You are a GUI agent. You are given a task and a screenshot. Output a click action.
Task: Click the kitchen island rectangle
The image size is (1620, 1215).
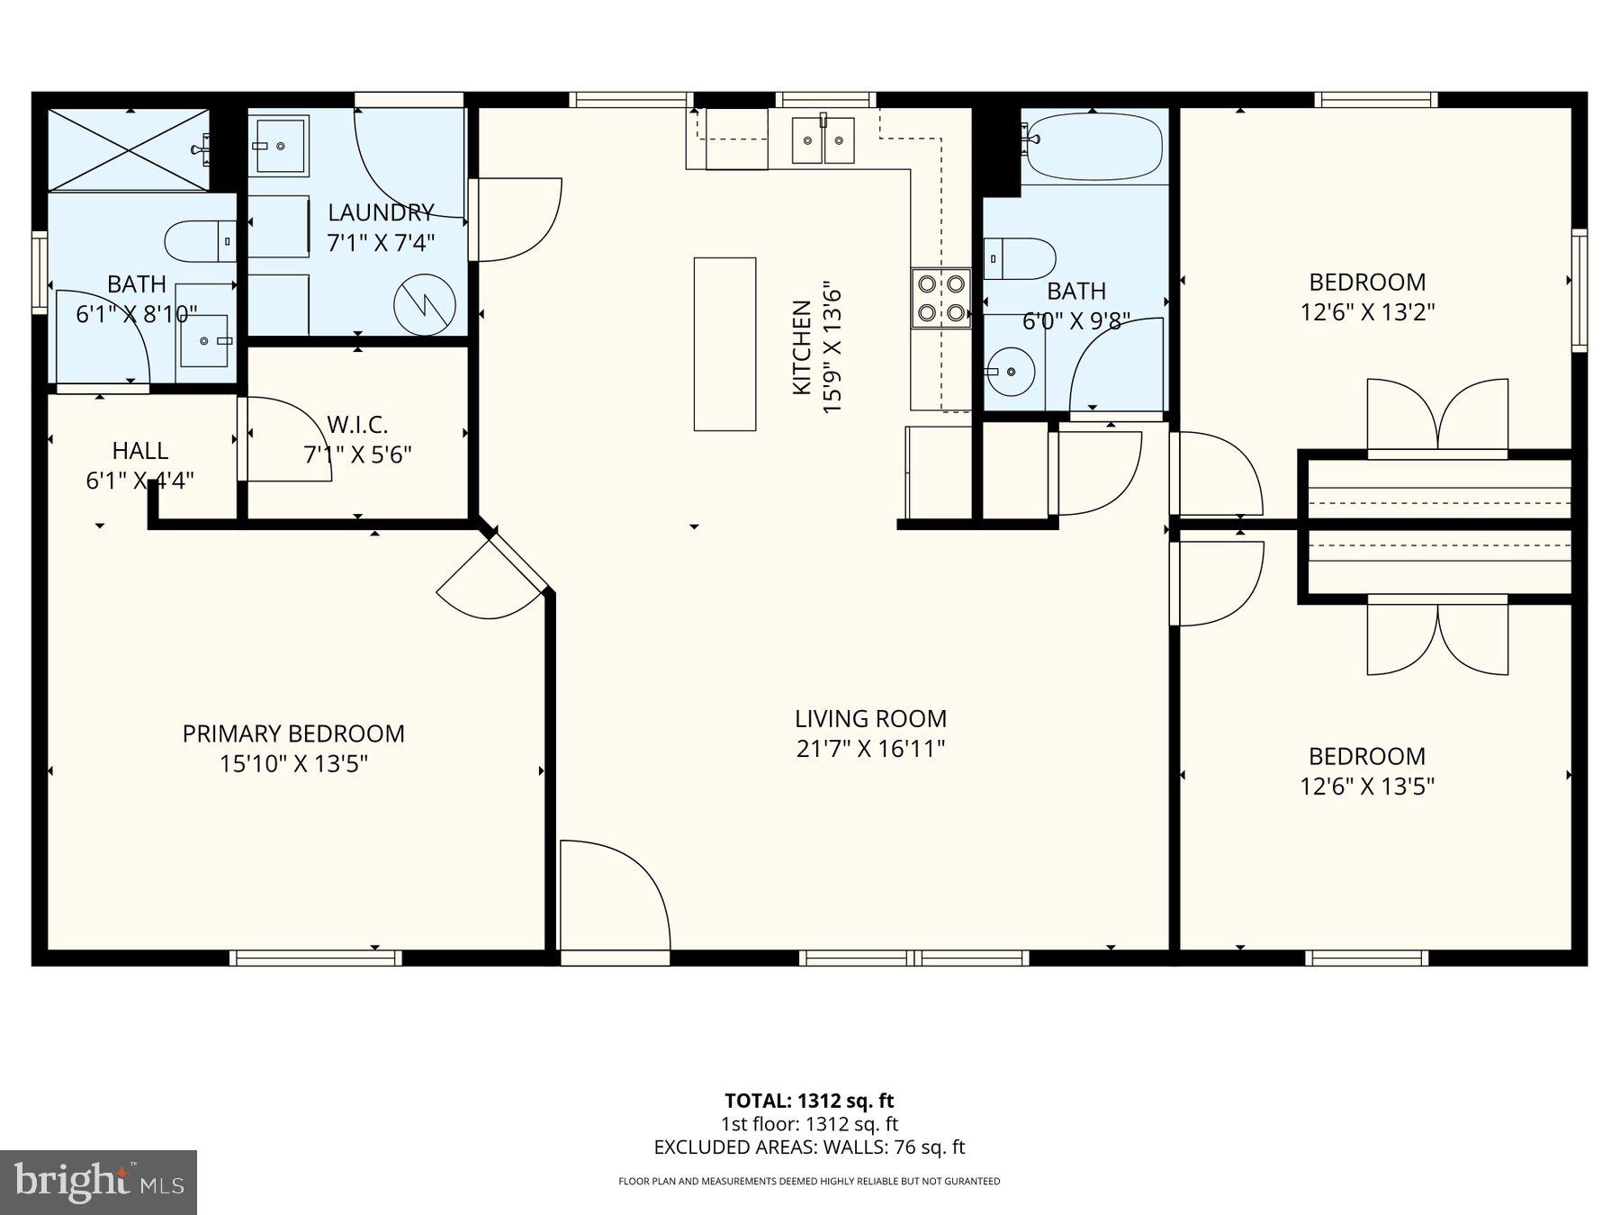(724, 344)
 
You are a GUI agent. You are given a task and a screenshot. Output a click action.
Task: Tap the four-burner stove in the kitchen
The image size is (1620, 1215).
(940, 298)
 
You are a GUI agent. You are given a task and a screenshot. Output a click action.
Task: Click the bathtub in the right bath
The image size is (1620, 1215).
(1093, 146)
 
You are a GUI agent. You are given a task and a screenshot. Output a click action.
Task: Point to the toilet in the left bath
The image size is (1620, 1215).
(200, 240)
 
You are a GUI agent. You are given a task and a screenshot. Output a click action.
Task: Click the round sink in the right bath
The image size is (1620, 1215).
(1010, 370)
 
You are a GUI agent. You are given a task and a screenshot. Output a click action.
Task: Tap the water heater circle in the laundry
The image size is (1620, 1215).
(424, 305)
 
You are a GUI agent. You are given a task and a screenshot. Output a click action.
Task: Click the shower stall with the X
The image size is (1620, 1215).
(128, 149)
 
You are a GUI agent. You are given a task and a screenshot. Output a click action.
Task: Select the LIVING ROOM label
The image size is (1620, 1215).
(870, 718)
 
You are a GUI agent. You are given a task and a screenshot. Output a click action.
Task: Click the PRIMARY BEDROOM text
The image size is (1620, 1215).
(293, 733)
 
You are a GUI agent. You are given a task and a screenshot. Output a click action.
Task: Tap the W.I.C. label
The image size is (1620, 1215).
(357, 424)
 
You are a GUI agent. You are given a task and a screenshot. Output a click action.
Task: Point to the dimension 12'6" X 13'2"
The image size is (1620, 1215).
(1366, 312)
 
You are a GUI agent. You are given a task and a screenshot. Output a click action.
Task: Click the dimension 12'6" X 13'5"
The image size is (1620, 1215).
(1366, 787)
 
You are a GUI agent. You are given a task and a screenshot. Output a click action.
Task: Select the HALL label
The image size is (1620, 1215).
(139, 450)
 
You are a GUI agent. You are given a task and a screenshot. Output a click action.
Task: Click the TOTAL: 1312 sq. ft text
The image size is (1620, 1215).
(809, 1100)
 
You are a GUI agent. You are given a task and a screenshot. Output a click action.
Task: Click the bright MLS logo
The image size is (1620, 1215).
(98, 1182)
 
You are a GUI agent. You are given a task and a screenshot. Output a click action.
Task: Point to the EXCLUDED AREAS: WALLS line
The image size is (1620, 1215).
(809, 1147)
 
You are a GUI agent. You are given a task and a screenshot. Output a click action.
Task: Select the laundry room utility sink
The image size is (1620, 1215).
(278, 144)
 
